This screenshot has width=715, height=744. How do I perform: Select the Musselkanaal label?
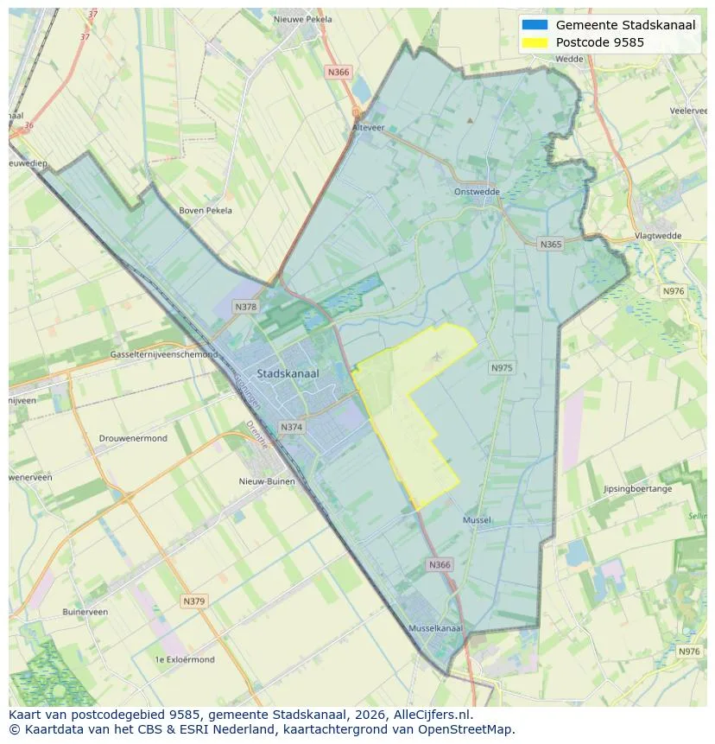point(435,628)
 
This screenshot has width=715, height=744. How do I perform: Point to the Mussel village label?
point(477,520)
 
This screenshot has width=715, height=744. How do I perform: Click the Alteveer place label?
point(368,127)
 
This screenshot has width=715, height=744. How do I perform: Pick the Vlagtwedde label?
point(658,235)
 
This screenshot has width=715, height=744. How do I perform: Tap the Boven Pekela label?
point(206,210)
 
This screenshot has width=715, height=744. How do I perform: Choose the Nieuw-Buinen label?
point(267,481)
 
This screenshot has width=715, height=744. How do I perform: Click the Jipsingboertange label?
point(637,489)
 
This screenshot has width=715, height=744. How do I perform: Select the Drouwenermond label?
point(133,438)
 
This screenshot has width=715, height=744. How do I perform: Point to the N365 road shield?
point(550,245)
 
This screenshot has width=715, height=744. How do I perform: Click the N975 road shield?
point(502,368)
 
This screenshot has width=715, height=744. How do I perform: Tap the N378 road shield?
point(245,307)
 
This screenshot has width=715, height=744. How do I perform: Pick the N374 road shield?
point(292,427)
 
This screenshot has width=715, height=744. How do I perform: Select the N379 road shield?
point(194,601)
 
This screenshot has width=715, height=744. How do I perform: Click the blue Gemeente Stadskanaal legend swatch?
point(535,25)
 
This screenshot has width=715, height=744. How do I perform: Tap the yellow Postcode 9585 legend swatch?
point(535,42)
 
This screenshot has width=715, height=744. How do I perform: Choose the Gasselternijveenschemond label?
point(164,355)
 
